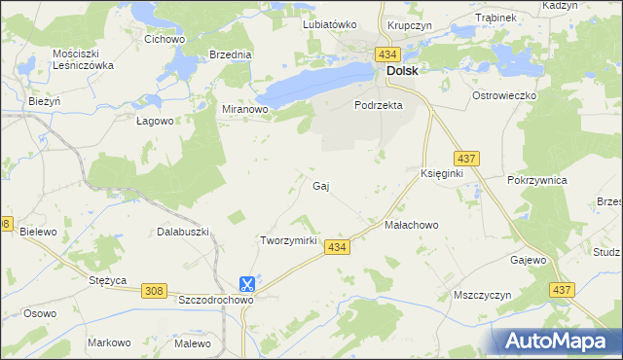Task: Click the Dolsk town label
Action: [x=402, y=71]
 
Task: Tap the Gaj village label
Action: [x=319, y=185]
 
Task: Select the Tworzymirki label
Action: [x=289, y=240]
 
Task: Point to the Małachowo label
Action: [x=412, y=225]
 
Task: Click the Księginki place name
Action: [x=441, y=172]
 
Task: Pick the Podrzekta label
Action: [x=379, y=105]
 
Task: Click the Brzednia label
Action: [x=231, y=55]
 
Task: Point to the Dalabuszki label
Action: [x=184, y=233]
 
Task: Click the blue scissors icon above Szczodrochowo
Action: [x=247, y=283]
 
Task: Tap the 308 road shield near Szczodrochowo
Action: [x=154, y=291]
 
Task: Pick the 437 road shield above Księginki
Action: [x=464, y=158]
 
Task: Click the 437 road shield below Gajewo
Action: [x=560, y=290]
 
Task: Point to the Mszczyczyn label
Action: [x=483, y=294]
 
